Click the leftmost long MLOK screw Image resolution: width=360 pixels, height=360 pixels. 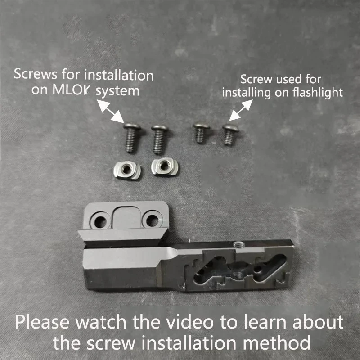click(131, 138)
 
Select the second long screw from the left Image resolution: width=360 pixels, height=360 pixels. click(159, 139)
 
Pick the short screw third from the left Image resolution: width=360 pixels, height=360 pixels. click(201, 133)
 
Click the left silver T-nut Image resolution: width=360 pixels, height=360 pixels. click(127, 170)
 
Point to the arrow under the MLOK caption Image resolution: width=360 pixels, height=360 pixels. click(110, 111)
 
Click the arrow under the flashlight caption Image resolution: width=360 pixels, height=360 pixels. click(241, 110)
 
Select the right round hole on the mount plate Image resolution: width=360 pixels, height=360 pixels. click(152, 220)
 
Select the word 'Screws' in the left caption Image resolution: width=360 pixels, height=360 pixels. click(36, 74)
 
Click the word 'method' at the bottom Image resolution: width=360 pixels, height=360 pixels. click(276, 342)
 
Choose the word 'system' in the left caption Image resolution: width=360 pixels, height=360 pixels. click(117, 91)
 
